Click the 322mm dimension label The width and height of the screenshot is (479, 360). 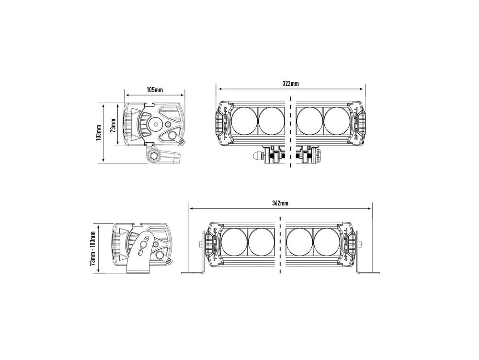291,83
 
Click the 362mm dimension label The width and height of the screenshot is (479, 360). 280,203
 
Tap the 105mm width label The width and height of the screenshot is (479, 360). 155,90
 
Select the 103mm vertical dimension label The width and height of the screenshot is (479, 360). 98,133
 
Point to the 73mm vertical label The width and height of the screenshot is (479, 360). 113,125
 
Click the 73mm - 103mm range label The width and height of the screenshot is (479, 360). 93,248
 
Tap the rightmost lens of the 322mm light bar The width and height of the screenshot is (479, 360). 336,121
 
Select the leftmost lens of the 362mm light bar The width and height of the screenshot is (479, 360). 234,242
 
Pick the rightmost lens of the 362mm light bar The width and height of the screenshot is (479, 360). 326,242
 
